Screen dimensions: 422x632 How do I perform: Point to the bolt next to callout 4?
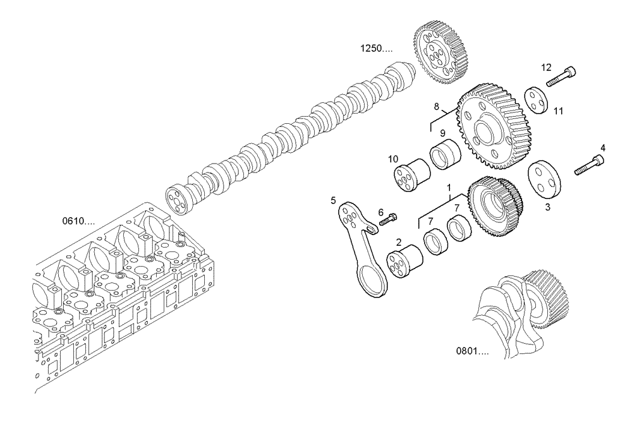click(x=590, y=165)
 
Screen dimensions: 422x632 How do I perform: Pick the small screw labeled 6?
click(x=387, y=219)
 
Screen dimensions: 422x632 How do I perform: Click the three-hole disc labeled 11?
click(x=537, y=100)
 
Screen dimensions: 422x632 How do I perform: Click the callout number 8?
click(x=435, y=106)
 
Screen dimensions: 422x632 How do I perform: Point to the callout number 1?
click(x=449, y=188)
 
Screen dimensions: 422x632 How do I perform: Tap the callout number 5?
click(x=333, y=201)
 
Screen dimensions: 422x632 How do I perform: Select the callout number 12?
click(x=546, y=66)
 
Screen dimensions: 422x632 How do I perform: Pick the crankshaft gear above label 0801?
click(x=549, y=298)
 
